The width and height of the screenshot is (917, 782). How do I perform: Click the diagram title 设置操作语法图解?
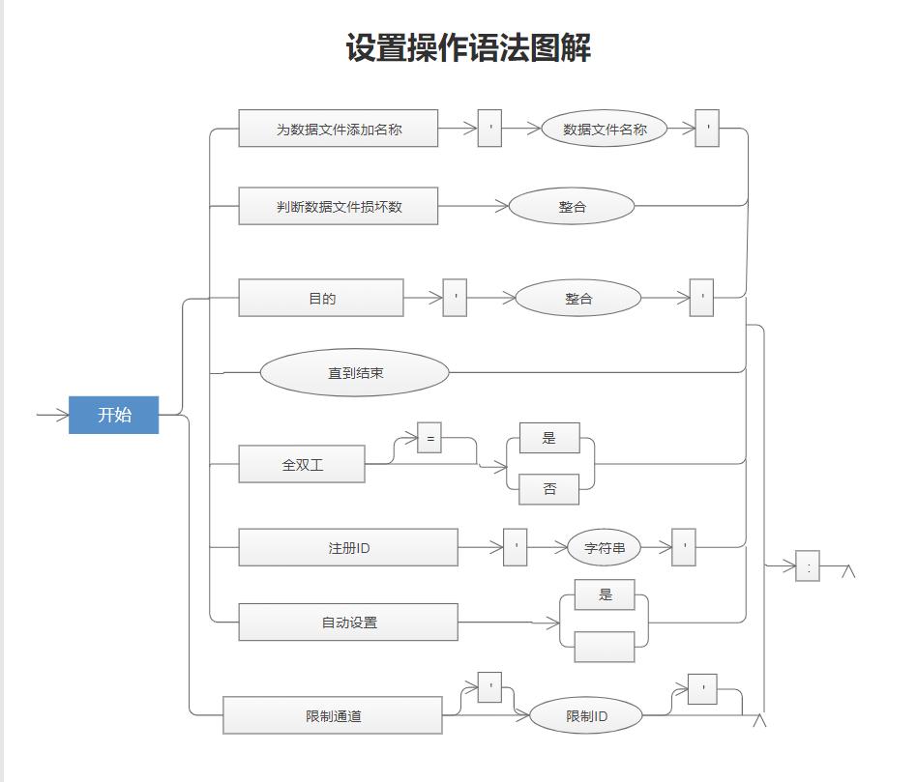coord(468,47)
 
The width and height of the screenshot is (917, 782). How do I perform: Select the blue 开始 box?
coord(113,415)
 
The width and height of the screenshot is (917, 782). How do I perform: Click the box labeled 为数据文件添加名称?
coord(338,129)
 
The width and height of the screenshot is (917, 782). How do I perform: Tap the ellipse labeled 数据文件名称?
coord(604,129)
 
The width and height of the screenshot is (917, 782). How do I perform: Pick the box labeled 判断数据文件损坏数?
coord(338,206)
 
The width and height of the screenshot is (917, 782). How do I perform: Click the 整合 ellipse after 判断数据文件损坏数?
coord(571,206)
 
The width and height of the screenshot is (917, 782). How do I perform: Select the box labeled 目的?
coord(321,298)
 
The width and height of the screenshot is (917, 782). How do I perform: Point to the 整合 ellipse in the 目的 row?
coord(577,298)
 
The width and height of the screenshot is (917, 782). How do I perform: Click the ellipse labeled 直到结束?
coord(354,372)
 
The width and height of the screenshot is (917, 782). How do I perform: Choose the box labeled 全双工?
coord(302,464)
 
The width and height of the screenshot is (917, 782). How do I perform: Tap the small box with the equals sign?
coord(429,438)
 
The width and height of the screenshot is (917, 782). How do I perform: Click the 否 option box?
coord(548,489)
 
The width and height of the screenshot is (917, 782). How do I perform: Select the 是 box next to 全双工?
coord(548,438)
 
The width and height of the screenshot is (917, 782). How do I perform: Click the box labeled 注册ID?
coord(347,547)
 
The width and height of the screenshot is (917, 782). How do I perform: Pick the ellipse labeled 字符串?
coord(604,547)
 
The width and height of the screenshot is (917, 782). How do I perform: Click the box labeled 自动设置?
coord(347,622)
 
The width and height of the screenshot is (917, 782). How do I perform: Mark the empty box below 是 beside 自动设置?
coord(604,647)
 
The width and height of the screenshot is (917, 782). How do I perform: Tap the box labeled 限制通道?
coord(333,715)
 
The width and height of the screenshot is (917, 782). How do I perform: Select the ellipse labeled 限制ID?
coord(586,715)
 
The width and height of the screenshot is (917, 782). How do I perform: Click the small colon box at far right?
coord(807,566)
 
